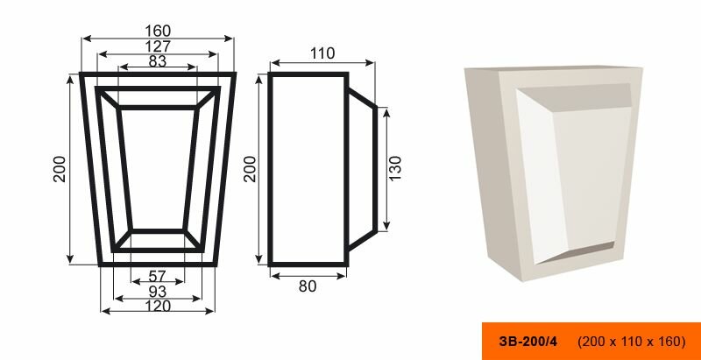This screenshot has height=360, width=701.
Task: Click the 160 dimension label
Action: click(x=158, y=31)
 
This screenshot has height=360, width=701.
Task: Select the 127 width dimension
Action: click(x=158, y=46)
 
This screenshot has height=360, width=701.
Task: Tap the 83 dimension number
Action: click(x=158, y=61)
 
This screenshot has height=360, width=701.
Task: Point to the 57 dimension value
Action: click(x=157, y=277)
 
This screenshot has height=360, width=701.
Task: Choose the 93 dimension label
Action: click(x=158, y=292)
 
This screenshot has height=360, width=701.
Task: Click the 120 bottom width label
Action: click(x=158, y=307)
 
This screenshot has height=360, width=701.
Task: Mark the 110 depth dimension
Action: click(x=322, y=53)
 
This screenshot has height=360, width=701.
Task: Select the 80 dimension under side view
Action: click(x=308, y=286)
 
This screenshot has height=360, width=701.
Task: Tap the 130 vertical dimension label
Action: click(x=395, y=168)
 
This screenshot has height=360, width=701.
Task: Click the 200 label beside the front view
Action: click(x=60, y=169)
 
